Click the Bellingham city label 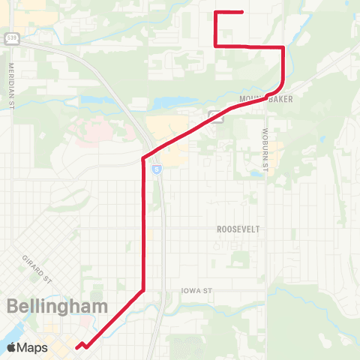point(58,306)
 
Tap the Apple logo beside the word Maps point(12,347)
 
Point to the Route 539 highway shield point(10,37)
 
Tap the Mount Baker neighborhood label point(259,99)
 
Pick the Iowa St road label point(198,290)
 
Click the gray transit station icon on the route point(215,115)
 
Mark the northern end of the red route point(241,12)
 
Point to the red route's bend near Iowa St point(142,289)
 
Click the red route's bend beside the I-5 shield point(143,158)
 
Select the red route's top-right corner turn point(283,47)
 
